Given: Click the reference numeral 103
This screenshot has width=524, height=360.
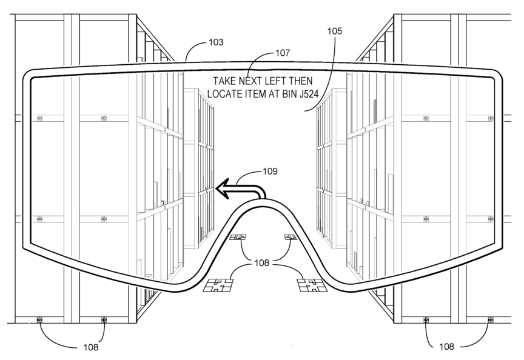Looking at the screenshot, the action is tap(216, 42).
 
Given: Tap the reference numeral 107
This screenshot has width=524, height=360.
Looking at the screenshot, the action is tap(283, 53).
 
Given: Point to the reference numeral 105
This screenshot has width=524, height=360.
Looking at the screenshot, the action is tap(335, 31).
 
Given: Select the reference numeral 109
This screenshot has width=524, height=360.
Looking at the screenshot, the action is tap(270, 172).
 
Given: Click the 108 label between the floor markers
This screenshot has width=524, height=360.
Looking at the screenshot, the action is tap(261, 263).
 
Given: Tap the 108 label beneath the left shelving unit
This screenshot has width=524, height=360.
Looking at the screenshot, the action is tap(90, 347).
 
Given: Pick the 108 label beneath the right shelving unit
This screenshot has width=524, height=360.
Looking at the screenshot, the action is tap(446, 347).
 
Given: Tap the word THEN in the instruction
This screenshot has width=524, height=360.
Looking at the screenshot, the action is tap(301, 81).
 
